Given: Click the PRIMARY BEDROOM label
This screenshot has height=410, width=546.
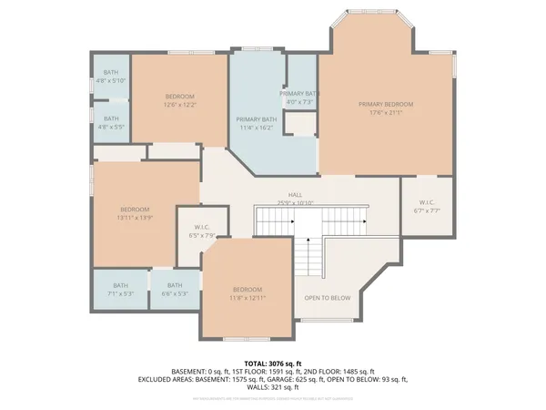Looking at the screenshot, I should pos(386,104).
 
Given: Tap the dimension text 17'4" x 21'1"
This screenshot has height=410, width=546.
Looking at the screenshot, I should pos(386,113).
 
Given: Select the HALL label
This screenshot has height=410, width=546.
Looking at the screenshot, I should pos(296,194).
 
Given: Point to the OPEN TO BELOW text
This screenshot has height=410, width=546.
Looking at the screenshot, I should pos(328,298).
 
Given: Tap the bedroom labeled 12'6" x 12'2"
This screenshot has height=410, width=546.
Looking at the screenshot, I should pos(179,100).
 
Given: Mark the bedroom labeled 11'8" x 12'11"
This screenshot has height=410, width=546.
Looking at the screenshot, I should pos(246,293).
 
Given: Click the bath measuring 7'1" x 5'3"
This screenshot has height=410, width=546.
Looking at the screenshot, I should pos(121,290).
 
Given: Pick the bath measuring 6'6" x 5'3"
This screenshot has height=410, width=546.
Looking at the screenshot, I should pos(175,290).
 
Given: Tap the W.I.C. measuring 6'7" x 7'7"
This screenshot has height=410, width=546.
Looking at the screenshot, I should pos(428,206).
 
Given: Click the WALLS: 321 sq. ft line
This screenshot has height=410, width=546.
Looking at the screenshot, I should pos(273,386).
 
